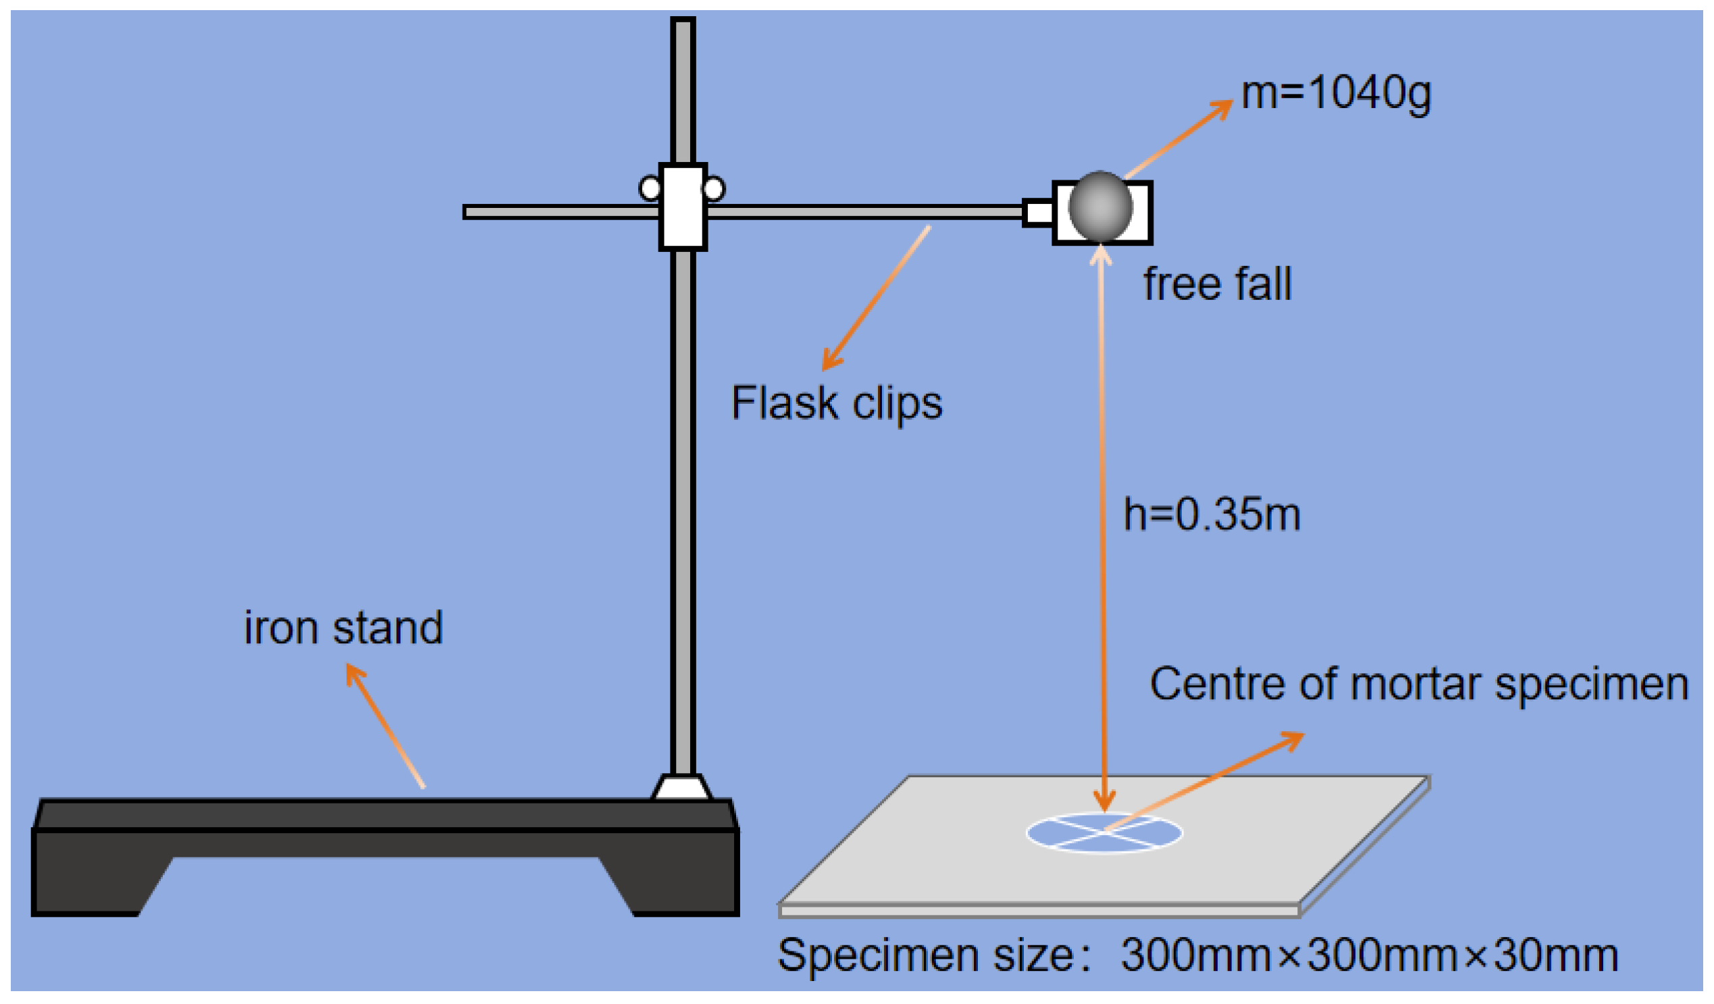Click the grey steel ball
1100,207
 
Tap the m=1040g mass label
1335,93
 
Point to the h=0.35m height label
1212,515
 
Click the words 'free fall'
1217,284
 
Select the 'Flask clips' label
837,403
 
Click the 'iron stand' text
344,628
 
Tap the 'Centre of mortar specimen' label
1419,683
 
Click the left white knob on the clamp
650,188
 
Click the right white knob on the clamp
713,188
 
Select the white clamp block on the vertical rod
683,207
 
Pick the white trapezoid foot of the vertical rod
682,788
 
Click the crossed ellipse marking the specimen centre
1104,833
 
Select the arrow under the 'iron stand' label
386,726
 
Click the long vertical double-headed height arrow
1102,531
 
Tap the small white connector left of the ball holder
1039,212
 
